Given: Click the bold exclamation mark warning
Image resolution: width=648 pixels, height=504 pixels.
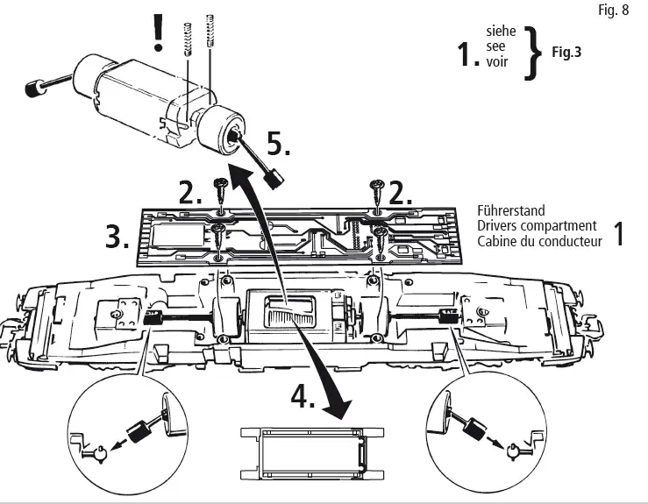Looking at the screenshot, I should [x=159, y=31].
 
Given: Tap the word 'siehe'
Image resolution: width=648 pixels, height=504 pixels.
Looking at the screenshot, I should [x=501, y=32].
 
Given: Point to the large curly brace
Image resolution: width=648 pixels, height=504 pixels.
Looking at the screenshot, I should [x=531, y=51].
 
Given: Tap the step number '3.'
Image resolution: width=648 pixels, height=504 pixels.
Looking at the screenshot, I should [x=119, y=238].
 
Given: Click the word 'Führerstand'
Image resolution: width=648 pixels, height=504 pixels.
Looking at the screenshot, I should [x=511, y=211].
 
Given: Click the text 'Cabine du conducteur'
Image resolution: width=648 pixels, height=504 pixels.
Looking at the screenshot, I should [x=539, y=241].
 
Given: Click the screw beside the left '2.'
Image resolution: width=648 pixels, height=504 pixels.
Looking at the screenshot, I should [x=220, y=188].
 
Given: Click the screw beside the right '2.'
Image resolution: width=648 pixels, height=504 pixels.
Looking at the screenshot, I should [x=377, y=188].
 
